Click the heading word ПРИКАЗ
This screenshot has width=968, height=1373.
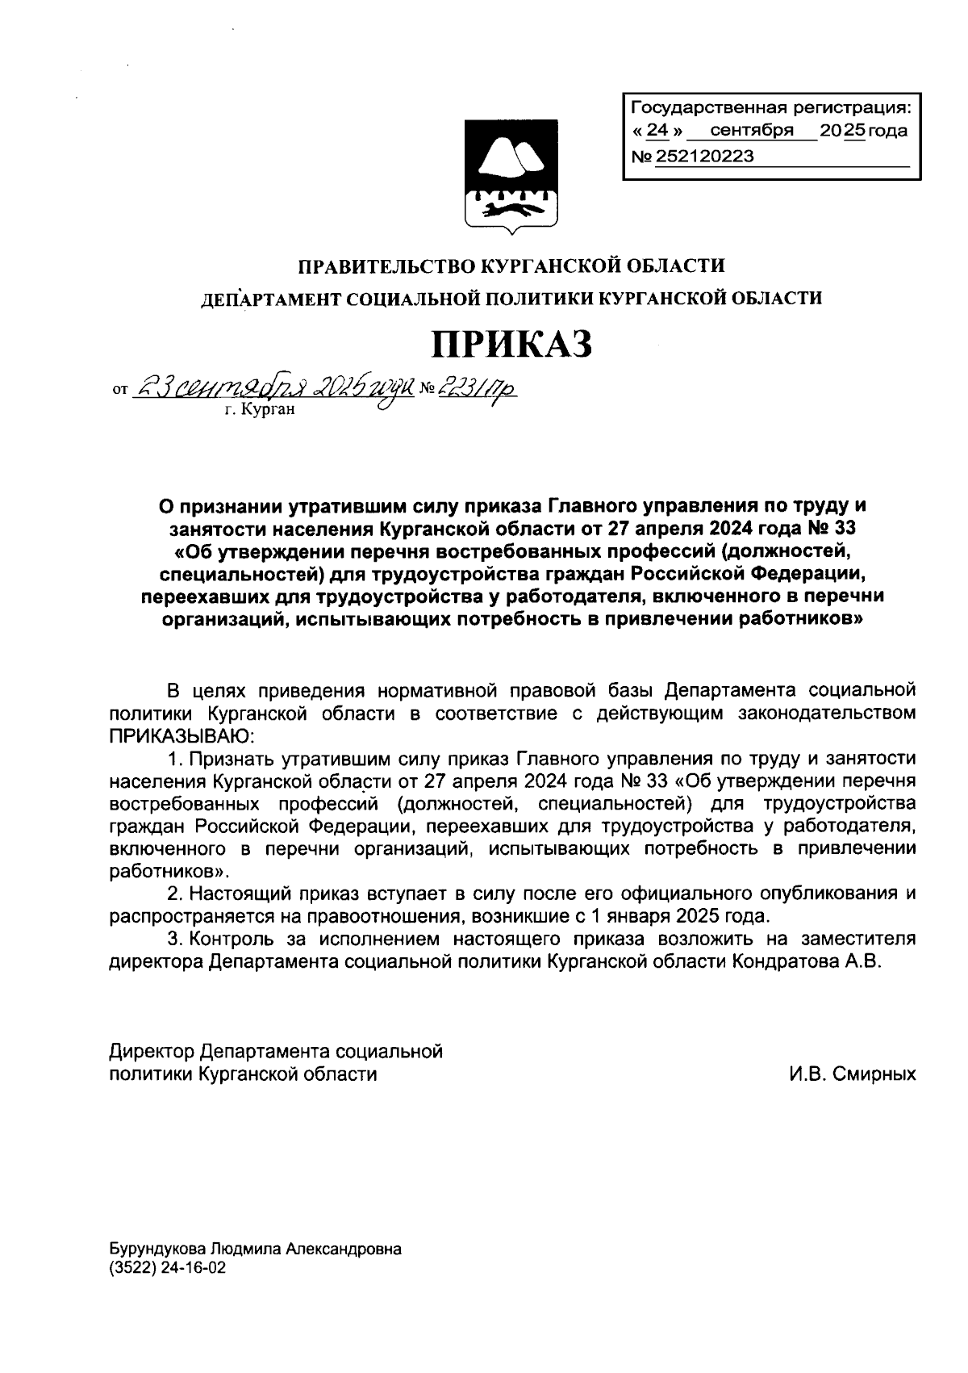click(512, 343)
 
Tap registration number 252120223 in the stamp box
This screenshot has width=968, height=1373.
click(704, 157)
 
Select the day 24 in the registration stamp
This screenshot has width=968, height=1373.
click(659, 131)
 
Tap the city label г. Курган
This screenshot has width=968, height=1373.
click(261, 411)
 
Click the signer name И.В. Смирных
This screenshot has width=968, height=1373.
click(853, 1074)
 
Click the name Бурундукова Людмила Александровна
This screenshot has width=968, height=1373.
click(255, 1249)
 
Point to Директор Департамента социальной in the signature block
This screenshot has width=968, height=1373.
click(276, 1052)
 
